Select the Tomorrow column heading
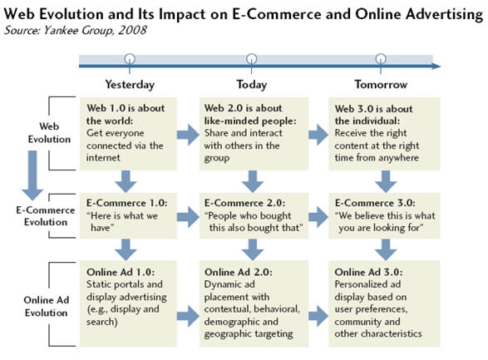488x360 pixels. pyautogui.click(x=380, y=84)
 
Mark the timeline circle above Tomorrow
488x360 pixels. pyautogui.click(x=380, y=59)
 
